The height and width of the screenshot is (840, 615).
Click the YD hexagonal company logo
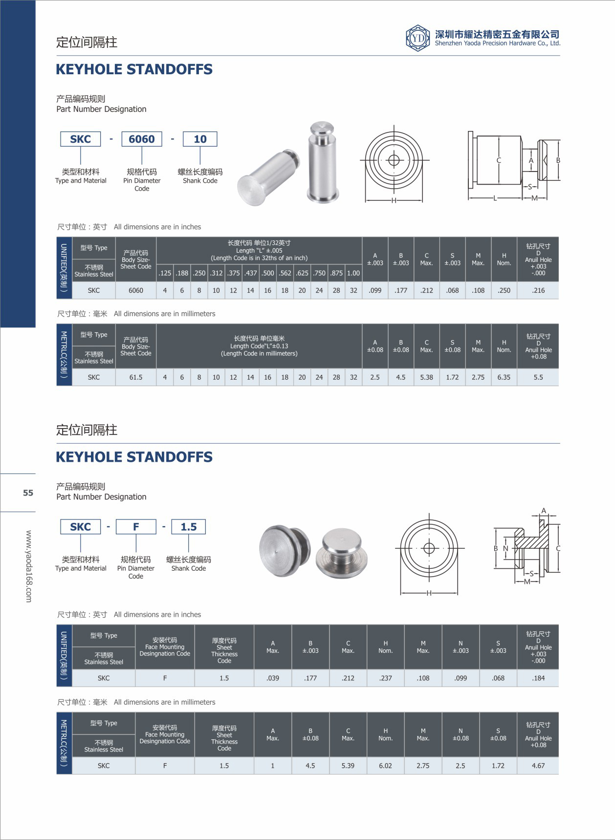[418, 38]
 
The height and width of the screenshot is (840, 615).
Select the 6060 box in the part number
[142, 139]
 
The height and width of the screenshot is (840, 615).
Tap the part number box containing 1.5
[189, 527]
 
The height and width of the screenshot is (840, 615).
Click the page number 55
[28, 493]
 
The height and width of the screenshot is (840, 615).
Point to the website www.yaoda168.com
[29, 566]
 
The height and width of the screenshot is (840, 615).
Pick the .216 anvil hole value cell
[538, 290]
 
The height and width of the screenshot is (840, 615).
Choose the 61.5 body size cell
[136, 377]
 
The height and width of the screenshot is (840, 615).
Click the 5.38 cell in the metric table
[427, 377]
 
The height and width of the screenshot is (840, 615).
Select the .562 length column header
[285, 273]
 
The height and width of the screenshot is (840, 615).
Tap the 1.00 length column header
[353, 273]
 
